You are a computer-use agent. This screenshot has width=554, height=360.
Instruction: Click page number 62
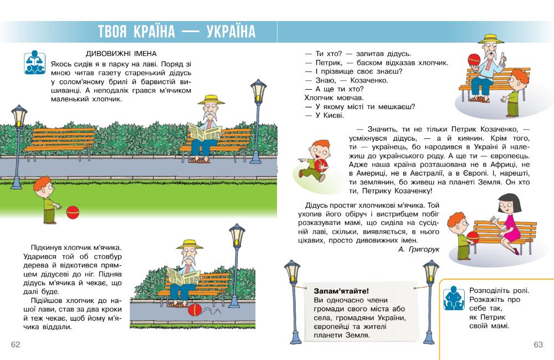point(16,344)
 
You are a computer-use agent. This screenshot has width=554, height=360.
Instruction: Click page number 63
point(538,344)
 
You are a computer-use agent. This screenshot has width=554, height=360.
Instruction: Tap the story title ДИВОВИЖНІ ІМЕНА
point(122,53)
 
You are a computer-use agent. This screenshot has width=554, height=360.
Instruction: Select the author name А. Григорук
point(418,250)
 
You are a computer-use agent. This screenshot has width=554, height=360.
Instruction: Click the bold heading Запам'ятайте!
point(341,291)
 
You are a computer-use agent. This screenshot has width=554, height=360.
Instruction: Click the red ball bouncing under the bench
point(195,312)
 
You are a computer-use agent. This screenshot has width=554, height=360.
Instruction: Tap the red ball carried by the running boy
point(321,165)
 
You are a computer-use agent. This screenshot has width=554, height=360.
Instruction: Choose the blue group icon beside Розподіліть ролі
point(454,298)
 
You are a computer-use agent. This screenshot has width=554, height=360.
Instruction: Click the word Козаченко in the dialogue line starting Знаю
point(357,80)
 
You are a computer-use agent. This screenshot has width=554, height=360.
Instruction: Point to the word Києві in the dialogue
point(335,115)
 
